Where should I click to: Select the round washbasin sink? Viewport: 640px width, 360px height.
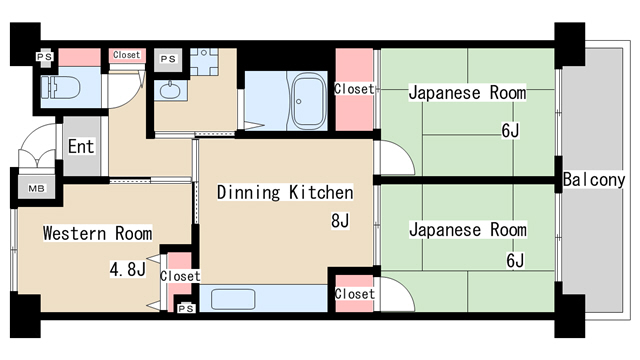click(169, 94)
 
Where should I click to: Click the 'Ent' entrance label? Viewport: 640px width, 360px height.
click(81, 147)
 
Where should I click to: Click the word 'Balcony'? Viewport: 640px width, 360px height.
click(594, 180)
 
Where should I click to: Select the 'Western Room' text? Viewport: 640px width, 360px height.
click(97, 234)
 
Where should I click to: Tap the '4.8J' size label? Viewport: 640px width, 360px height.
click(128, 268)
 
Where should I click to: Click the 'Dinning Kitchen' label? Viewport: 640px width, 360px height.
click(285, 192)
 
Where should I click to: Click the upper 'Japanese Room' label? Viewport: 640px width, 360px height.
click(467, 93)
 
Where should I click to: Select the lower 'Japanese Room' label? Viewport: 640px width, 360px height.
click(467, 230)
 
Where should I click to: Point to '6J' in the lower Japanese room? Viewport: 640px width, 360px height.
click(514, 261)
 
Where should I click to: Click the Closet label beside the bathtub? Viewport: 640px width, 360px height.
click(354, 89)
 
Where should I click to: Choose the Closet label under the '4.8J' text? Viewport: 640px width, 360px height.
click(180, 276)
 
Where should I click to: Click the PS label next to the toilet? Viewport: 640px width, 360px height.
click(45, 57)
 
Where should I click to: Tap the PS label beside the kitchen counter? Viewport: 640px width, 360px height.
click(184, 308)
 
